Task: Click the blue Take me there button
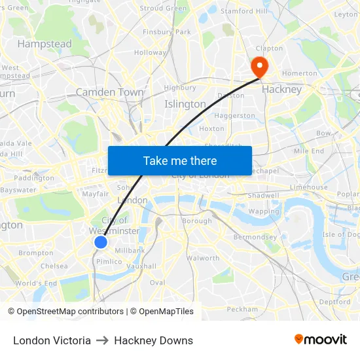[179, 160]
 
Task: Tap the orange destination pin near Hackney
[259, 66]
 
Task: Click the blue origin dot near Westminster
[101, 242]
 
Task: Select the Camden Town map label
[109, 92]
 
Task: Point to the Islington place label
[185, 104]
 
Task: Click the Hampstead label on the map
[45, 44]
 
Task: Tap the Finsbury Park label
[166, 31]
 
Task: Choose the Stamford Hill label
[244, 11]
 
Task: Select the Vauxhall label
[141, 266]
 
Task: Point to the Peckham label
[243, 309]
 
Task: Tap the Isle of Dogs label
[341, 234]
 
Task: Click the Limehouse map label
[309, 187]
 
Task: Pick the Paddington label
[34, 177]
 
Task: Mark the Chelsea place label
[54, 266]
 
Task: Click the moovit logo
[321, 340]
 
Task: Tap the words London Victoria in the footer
[52, 340]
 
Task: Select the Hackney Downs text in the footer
[153, 340]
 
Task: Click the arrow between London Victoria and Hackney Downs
[102, 340]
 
